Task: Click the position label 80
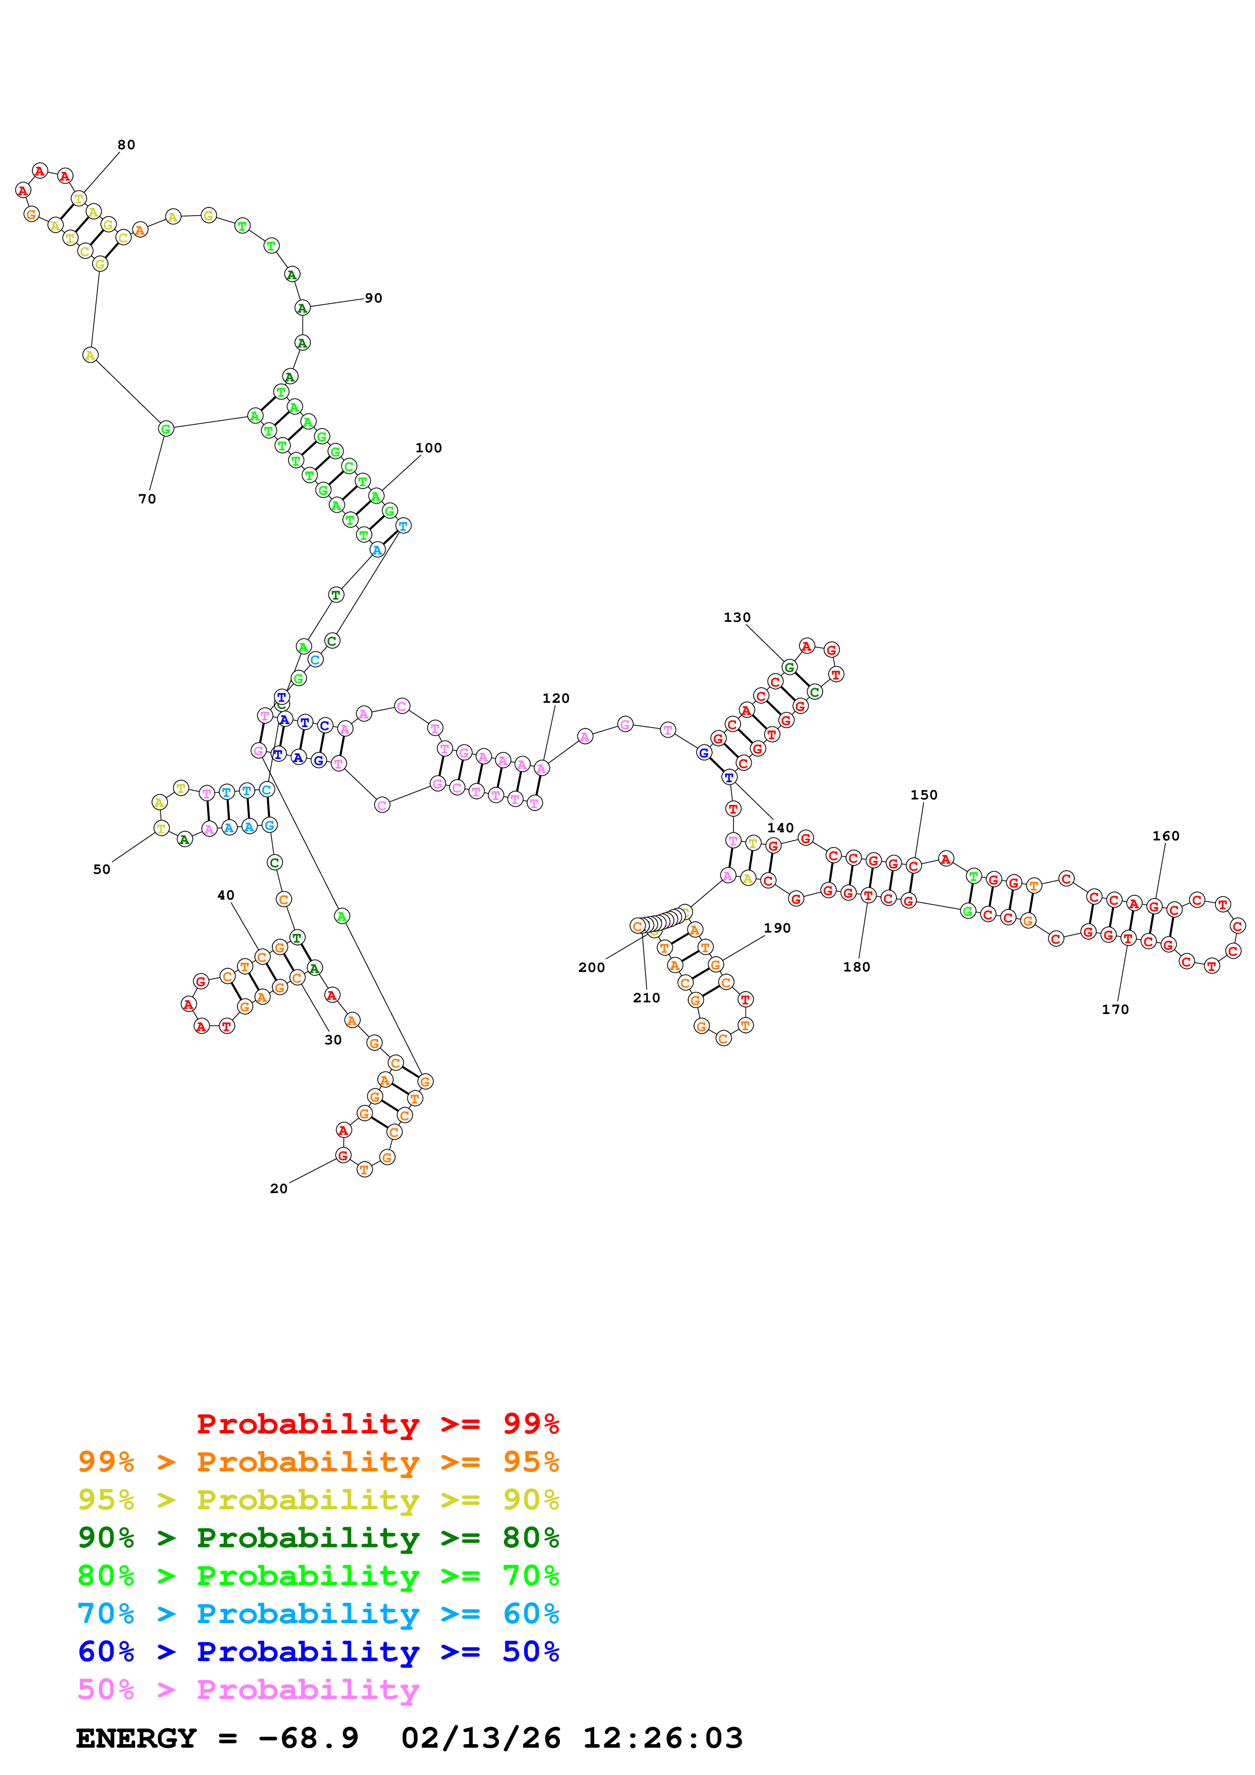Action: [x=126, y=145]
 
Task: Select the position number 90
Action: [x=374, y=299]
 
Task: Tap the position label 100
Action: [x=428, y=448]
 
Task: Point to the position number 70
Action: [x=147, y=499]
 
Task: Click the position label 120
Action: [x=555, y=698]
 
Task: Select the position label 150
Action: [x=923, y=795]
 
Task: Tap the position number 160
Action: [x=1165, y=836]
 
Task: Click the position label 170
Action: [x=1115, y=1009]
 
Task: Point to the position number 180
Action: [x=856, y=966]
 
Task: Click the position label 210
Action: [x=646, y=997]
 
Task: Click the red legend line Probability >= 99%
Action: [x=377, y=1423]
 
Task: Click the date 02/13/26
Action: [x=480, y=1738]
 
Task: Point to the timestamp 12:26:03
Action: [x=663, y=1738]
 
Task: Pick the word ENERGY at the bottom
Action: [x=136, y=1738]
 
